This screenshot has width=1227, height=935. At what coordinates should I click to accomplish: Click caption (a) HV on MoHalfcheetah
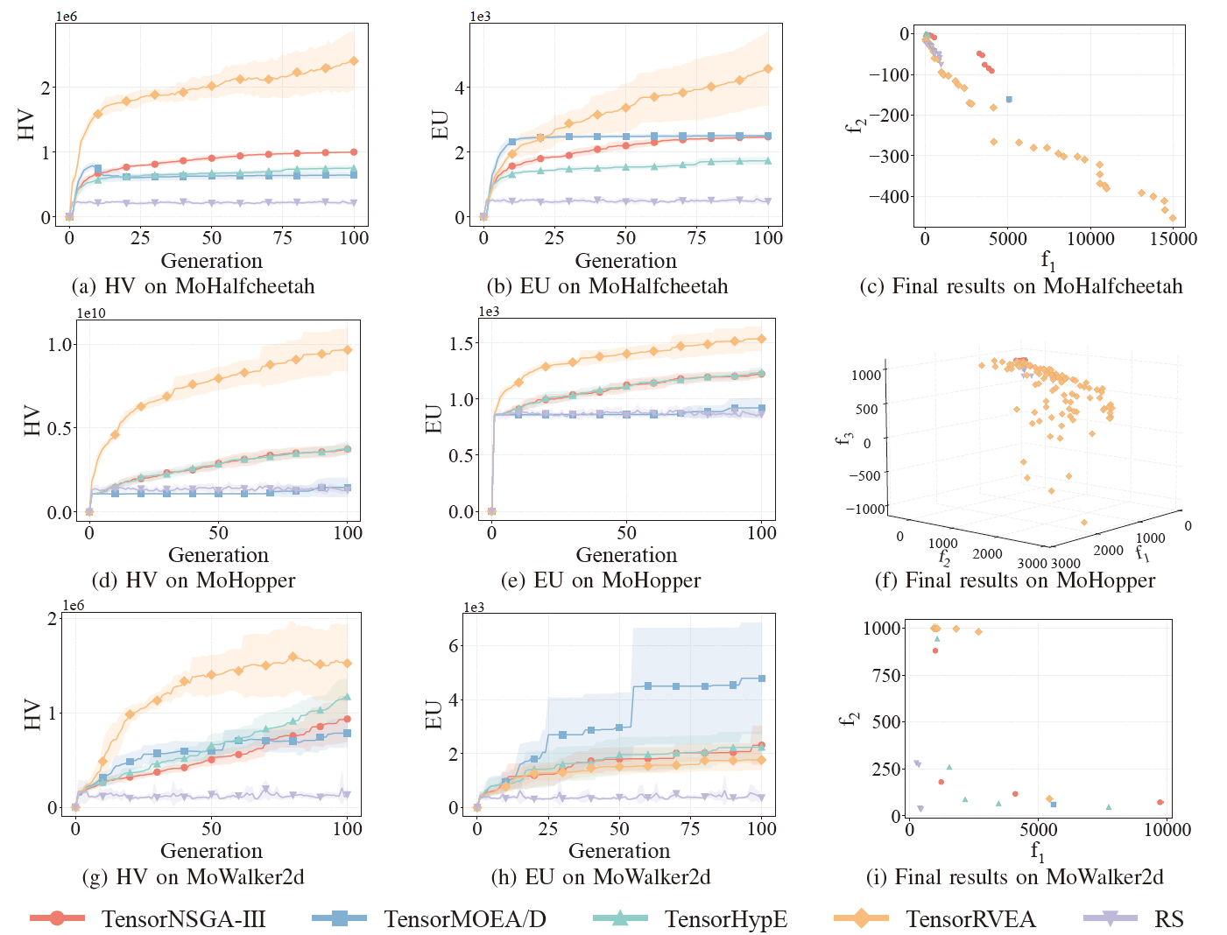pos(193,286)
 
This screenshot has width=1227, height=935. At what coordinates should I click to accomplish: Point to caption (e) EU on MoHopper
pos(600,580)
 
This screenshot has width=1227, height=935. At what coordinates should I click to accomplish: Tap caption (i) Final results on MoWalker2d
pos(1015,876)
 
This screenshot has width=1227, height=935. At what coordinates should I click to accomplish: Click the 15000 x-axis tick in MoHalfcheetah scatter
pos(1173,239)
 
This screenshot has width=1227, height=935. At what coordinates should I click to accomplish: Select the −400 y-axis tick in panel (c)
pos(888,196)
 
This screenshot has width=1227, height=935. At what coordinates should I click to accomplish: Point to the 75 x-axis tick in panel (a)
pos(283,238)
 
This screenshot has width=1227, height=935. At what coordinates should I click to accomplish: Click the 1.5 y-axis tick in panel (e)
pos(461,343)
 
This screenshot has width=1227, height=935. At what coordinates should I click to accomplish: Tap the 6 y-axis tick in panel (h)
pos(453,645)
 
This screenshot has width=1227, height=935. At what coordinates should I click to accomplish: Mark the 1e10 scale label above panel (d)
pos(91,313)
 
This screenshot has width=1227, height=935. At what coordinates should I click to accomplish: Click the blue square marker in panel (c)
pos(1009,100)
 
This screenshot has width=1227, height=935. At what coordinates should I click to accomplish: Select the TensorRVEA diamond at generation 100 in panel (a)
pos(354,61)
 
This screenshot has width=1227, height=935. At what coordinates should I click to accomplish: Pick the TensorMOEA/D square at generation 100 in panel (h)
pos(762,678)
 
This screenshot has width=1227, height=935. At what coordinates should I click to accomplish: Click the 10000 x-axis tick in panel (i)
pos(1167,829)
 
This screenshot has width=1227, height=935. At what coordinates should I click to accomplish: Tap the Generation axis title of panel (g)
pos(211,850)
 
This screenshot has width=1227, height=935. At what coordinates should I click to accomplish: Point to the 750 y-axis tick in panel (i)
pos(882,675)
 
